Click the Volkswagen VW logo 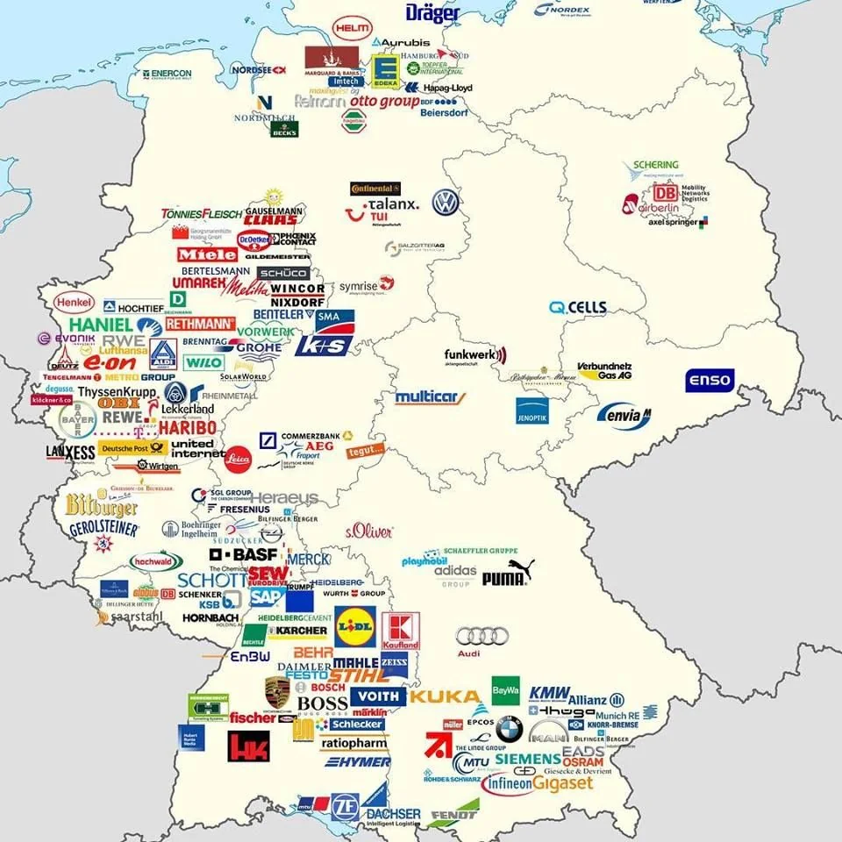[446, 203]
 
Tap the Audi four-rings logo [482, 637]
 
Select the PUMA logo [507, 574]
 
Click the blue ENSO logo [709, 382]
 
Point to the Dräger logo [432, 13]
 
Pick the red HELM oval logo [352, 29]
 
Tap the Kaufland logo [400, 631]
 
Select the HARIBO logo [187, 428]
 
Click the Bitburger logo [102, 506]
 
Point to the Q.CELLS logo [578, 308]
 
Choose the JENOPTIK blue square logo [532, 410]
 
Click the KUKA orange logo [445, 697]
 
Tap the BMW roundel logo [509, 728]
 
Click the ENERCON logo [167, 75]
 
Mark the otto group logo [384, 102]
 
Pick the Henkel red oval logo [73, 302]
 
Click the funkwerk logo [475, 355]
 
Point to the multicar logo [430, 397]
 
